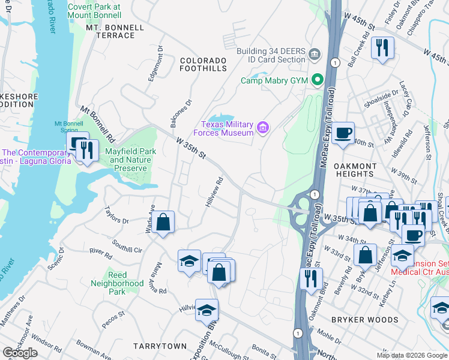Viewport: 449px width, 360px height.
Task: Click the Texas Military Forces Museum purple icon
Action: [262, 127]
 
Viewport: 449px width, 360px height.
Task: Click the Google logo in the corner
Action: [20, 353]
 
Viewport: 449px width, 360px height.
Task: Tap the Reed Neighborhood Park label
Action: [117, 287]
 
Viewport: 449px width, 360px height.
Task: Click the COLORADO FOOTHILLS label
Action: [203, 65]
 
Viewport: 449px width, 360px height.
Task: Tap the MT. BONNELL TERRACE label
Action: [115, 32]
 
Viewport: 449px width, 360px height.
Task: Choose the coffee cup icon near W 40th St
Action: [343, 133]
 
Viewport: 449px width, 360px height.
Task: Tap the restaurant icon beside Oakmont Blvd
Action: [310, 278]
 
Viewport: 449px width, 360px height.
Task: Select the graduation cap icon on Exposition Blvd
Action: [206, 310]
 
